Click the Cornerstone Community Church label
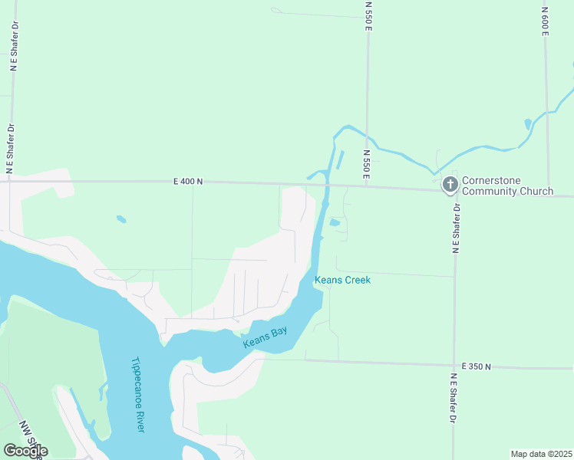click(506, 186)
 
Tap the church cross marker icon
click(450, 185)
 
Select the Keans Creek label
click(342, 281)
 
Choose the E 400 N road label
click(187, 182)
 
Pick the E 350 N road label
click(477, 367)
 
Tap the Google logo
click(25, 451)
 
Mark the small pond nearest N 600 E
click(527, 123)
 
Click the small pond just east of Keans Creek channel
click(334, 223)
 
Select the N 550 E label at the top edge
click(368, 15)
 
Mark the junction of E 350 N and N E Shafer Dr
click(454, 366)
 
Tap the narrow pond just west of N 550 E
click(340, 159)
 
